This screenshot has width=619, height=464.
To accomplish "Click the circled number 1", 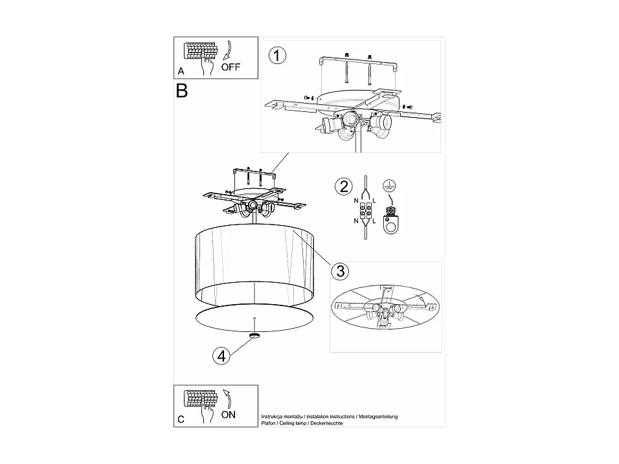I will [x=276, y=56].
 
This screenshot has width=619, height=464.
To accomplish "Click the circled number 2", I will [x=343, y=187].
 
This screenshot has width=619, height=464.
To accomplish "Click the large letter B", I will [x=181, y=91].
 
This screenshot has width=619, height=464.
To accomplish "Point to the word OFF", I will [x=230, y=67].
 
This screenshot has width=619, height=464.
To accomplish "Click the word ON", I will [x=228, y=415].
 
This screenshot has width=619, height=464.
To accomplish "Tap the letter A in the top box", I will [x=181, y=70].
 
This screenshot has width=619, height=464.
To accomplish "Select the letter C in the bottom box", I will [x=181, y=419].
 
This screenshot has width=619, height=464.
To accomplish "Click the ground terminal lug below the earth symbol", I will [x=390, y=220].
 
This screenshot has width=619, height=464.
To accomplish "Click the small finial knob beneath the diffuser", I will [x=255, y=335].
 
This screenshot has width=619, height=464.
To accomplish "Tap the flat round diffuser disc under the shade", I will [x=255, y=318].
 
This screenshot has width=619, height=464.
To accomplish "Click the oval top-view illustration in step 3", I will [x=385, y=307].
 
